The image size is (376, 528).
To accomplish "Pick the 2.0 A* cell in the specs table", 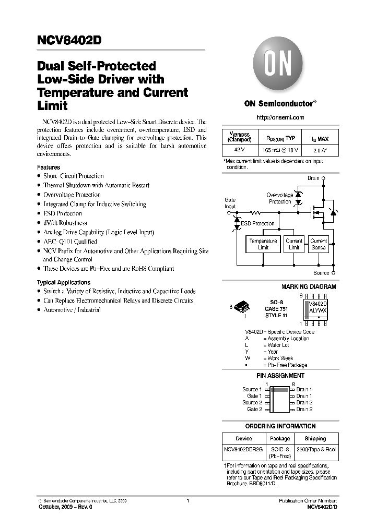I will pyautogui.click(x=320, y=150).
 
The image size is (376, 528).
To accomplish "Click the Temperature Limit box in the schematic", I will pyautogui.click(x=263, y=244).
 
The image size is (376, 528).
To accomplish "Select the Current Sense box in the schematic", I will pyautogui.click(x=318, y=244).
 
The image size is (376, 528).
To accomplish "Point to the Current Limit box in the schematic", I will pyautogui.click(x=294, y=244).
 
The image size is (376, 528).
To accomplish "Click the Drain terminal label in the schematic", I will pyautogui.click(x=313, y=178).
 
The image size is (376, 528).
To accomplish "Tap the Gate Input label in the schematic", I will pyautogui.click(x=230, y=203).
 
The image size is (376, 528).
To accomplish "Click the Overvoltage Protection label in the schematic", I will pyautogui.click(x=280, y=198).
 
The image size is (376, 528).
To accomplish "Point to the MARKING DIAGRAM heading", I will pyautogui.click(x=309, y=287).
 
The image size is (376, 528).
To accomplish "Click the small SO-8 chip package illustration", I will pyautogui.click(x=243, y=306).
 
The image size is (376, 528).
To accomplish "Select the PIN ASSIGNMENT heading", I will pyautogui.click(x=280, y=376).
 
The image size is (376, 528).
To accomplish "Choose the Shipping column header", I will pyautogui.click(x=315, y=439).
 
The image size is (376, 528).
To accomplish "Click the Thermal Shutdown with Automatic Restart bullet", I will pyautogui.click(x=96, y=185).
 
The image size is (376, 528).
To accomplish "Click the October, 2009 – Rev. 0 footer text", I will pyautogui.click(x=65, y=507).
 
